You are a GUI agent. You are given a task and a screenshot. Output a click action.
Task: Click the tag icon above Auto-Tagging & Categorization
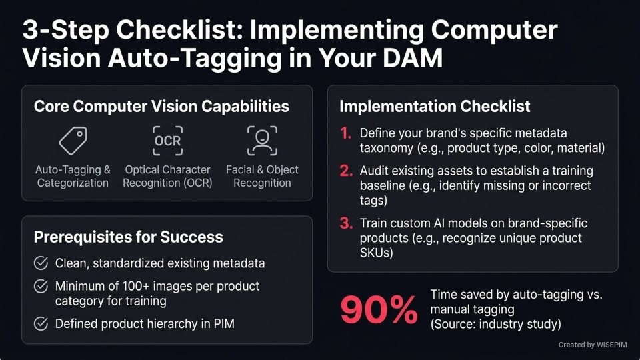coord(73,140)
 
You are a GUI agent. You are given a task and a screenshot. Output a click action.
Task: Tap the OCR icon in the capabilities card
coord(167,140)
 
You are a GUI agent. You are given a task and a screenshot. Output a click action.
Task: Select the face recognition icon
coord(262,140)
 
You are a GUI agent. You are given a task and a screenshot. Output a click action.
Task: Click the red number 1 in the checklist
coord(345,133)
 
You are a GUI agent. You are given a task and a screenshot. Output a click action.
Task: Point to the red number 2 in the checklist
coord(345,171)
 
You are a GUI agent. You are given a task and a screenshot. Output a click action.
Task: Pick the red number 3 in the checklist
coord(345,223)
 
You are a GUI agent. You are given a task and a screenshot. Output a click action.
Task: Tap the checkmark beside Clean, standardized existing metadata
coord(41,263)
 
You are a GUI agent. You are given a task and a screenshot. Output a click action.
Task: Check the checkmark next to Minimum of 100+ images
coord(41,287)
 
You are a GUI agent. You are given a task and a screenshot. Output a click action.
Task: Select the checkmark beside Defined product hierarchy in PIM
coord(41,324)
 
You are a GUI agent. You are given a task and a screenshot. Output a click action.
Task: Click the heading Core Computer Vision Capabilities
coord(161,107)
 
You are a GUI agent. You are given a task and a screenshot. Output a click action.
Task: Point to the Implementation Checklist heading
coord(435,106)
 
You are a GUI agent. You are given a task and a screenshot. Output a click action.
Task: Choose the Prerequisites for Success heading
coord(128,237)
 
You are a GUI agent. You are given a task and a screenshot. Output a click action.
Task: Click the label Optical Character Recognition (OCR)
coord(167,176)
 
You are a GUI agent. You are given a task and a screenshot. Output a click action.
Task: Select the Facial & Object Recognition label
coord(262,176)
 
